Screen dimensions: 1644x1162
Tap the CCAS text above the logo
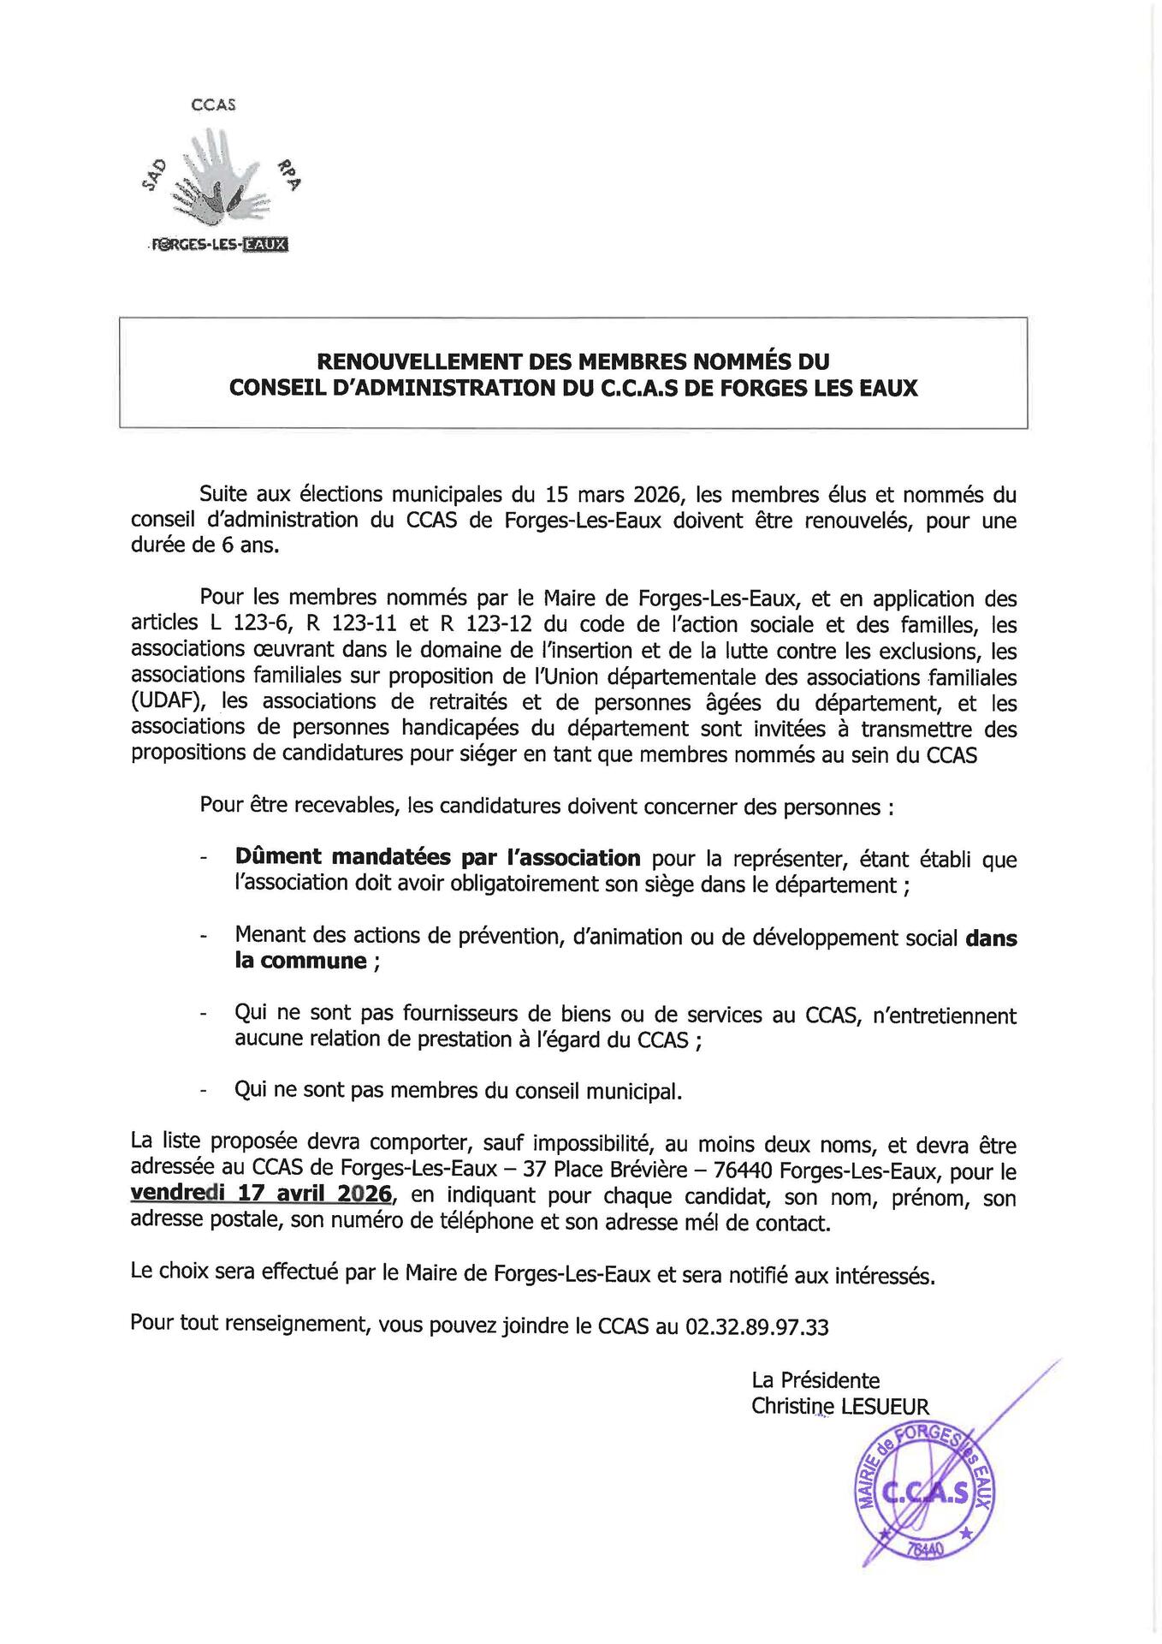pyautogui.click(x=213, y=104)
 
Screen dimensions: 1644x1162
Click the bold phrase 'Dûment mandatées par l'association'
pyautogui.click(x=437, y=857)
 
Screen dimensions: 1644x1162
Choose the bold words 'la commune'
pyautogui.click(x=300, y=961)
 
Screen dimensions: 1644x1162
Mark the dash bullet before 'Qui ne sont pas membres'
pyautogui.click(x=203, y=1092)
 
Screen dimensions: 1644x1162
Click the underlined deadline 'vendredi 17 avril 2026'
pyautogui.click(x=261, y=1194)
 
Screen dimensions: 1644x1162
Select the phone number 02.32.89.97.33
pyautogui.click(x=756, y=1326)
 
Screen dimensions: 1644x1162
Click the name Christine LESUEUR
pyautogui.click(x=839, y=1405)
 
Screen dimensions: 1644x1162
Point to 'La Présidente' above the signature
pyautogui.click(x=815, y=1379)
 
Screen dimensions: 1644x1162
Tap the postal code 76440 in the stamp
pyautogui.click(x=923, y=1549)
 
